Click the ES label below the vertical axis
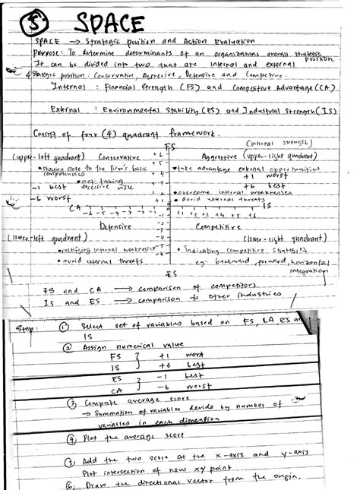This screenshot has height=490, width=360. coord(171,273)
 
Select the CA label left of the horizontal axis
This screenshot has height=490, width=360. coord(74,207)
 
